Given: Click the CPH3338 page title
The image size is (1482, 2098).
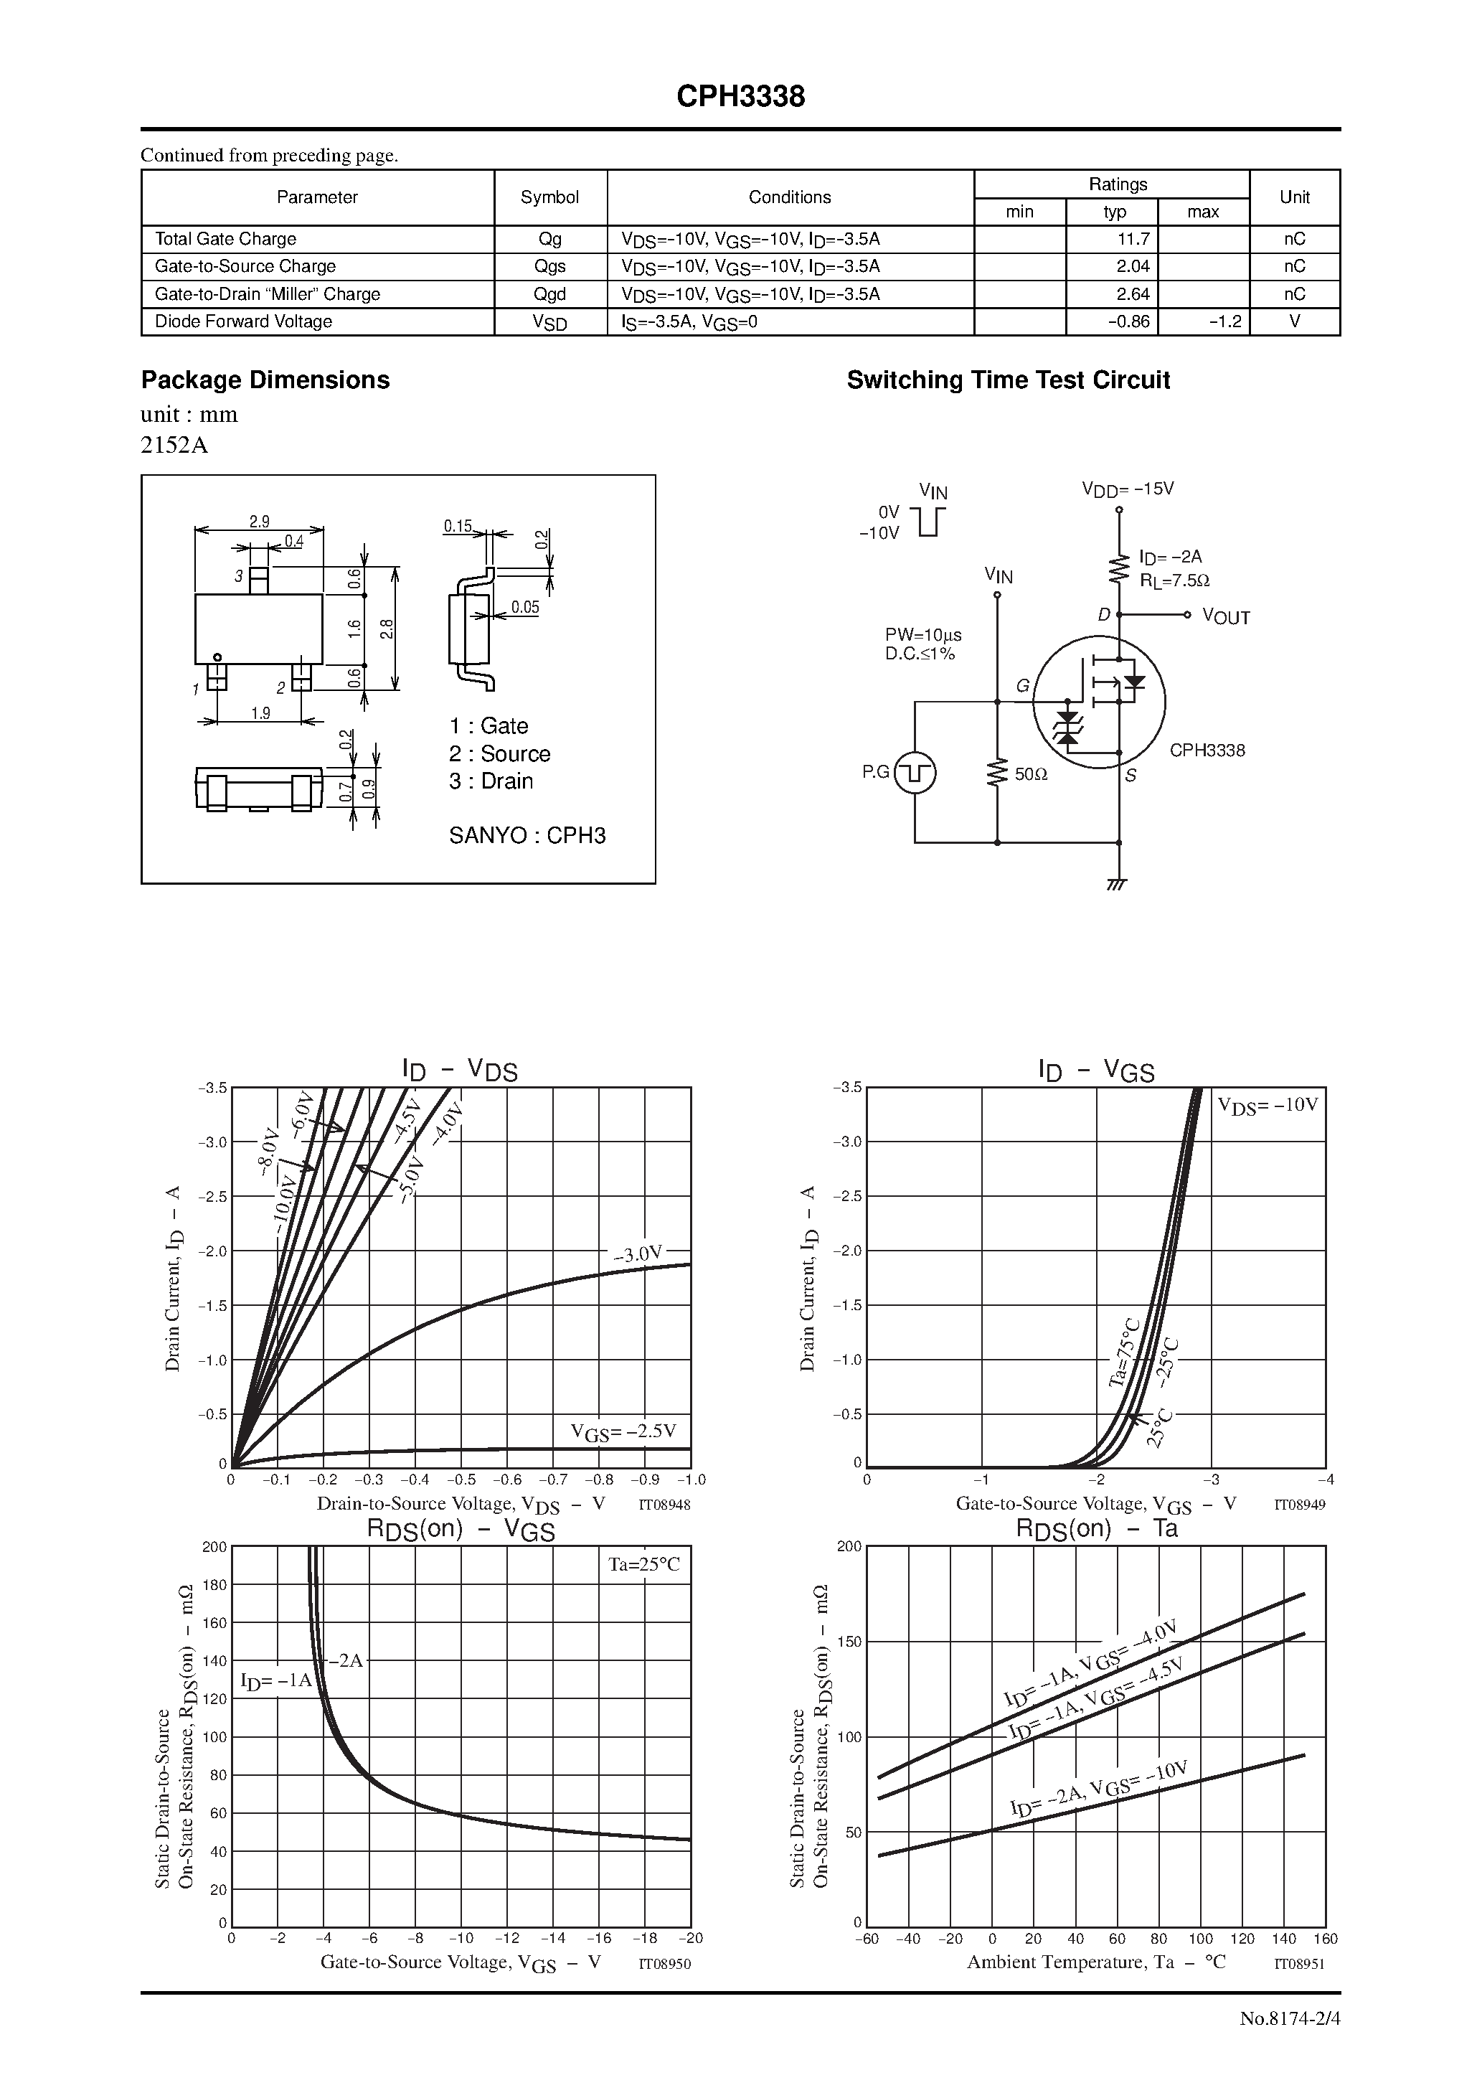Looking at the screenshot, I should pos(740,97).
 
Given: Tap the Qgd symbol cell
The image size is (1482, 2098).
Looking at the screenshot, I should pos(550,294).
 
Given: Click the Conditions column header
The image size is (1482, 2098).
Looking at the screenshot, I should pos(790,197).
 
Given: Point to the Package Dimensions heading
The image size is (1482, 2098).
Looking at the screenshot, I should pos(265,380).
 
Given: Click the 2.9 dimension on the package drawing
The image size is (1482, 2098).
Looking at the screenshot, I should pos(260,522).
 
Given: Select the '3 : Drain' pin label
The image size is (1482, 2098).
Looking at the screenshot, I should pos(491,781).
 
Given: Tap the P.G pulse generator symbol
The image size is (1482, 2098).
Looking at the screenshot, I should pos(915,773).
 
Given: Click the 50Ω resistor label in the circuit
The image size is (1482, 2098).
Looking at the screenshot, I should pos(1031,774).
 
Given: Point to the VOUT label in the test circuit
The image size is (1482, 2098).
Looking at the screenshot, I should pos(1226,617).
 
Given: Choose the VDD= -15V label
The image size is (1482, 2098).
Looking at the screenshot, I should pos(1128,489).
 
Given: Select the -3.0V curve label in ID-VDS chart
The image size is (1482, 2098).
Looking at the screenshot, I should pos(637,1253).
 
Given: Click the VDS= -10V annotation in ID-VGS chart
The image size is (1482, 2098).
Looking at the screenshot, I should pos(1268,1106).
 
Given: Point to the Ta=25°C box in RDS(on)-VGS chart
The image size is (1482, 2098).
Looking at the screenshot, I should pos(644,1564).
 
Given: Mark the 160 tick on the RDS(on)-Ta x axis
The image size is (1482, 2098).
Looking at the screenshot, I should pos(1325,1939).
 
